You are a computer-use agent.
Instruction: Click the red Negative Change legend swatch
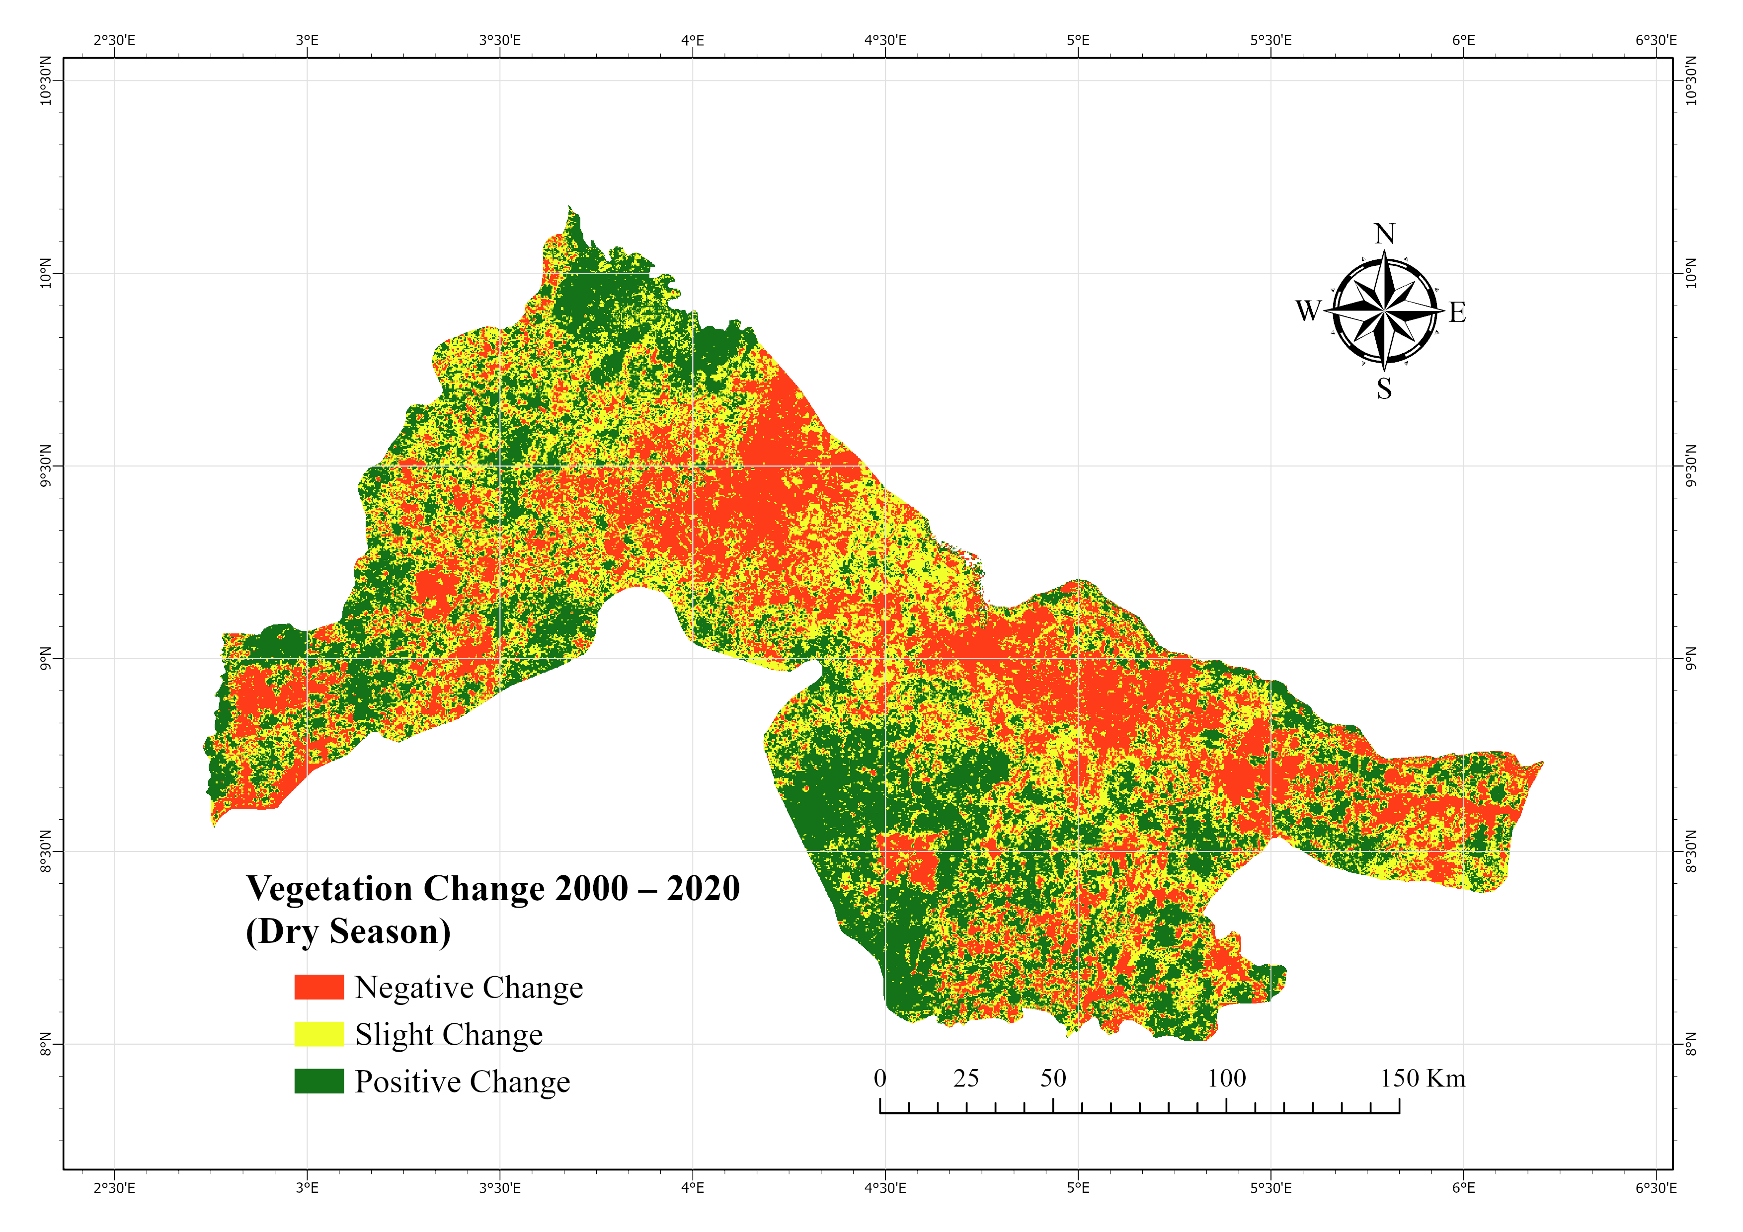click(319, 987)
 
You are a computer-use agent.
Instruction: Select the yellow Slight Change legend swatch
click(319, 1034)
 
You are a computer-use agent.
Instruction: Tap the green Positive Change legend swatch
click(319, 1081)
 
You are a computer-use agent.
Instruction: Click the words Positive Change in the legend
click(462, 1081)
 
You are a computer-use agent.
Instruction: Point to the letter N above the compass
click(1385, 234)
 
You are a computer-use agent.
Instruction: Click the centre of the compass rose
click(1385, 311)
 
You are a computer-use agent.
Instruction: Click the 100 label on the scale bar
click(1227, 1078)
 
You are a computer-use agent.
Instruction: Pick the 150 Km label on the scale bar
click(1422, 1078)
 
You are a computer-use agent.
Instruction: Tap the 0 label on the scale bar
click(880, 1078)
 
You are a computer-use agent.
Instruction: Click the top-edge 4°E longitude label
click(692, 40)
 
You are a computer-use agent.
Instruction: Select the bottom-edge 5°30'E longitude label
click(1271, 1187)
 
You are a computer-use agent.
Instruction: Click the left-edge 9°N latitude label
click(46, 658)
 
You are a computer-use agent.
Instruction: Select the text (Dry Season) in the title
click(348, 931)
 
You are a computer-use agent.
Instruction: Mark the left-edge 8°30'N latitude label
click(46, 851)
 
